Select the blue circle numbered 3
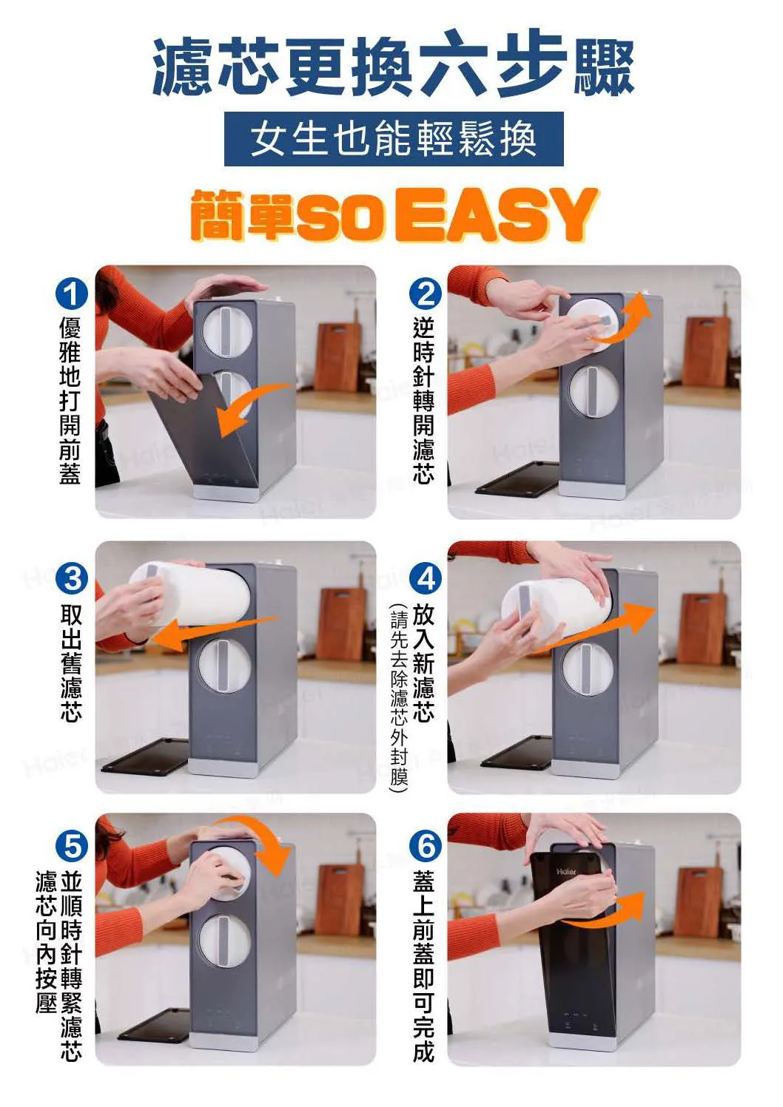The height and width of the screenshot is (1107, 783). [x=71, y=578]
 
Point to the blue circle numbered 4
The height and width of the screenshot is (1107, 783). [x=426, y=578]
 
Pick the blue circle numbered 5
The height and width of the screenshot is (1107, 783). [x=71, y=847]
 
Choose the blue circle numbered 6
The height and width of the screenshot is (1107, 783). [x=426, y=847]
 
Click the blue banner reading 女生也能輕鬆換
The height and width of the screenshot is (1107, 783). [x=394, y=139]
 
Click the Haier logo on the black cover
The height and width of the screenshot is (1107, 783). [x=566, y=871]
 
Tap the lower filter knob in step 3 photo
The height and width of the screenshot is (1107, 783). [x=224, y=666]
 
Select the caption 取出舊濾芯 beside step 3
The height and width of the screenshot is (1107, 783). [x=71, y=664]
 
